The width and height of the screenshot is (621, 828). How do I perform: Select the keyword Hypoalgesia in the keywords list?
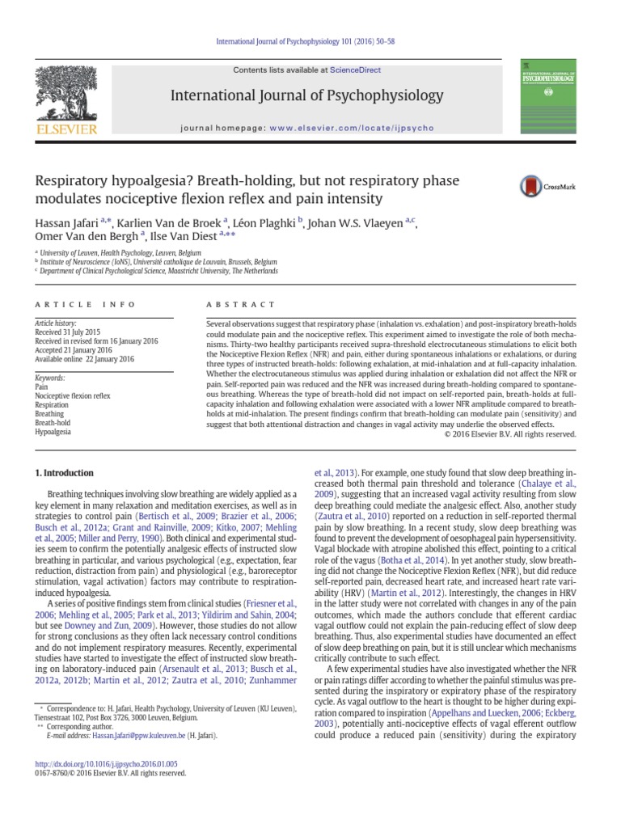coord(53,433)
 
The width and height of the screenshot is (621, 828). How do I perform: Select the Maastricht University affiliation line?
coord(158,272)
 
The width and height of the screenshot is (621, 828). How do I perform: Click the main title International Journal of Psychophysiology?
coord(306,96)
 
